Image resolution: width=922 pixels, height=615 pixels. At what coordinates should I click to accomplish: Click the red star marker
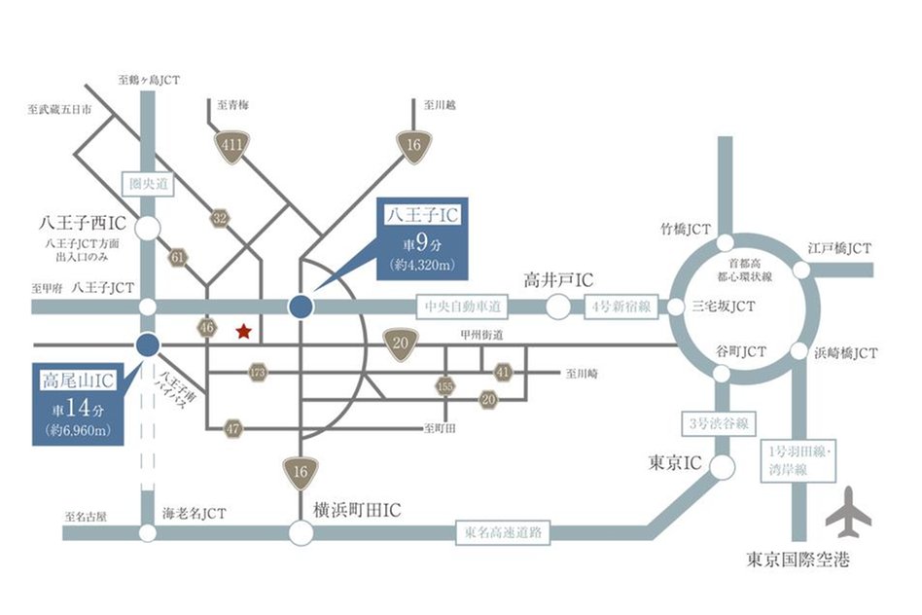click(x=243, y=332)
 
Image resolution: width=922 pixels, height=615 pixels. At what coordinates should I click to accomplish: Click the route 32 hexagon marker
click(x=221, y=219)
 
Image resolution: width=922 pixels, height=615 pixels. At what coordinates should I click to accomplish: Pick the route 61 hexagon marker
click(x=178, y=258)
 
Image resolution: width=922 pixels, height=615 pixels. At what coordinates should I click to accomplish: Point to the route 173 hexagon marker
click(x=258, y=372)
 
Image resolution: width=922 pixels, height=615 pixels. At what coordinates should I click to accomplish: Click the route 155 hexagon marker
click(x=445, y=385)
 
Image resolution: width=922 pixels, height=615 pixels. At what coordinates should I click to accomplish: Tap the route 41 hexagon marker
click(x=503, y=372)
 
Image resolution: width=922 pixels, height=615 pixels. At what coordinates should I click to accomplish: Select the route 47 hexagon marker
click(x=233, y=427)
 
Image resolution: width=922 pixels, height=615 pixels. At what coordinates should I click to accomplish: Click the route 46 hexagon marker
click(x=207, y=327)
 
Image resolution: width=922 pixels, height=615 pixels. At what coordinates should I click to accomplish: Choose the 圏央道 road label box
click(x=148, y=182)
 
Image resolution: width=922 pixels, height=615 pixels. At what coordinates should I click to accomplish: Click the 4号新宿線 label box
click(x=623, y=307)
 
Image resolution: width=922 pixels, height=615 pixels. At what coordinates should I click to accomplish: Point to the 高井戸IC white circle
click(x=557, y=307)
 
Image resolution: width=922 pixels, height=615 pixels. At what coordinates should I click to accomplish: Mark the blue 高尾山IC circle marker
click(x=148, y=344)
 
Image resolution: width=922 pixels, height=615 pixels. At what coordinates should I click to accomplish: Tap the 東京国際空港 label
click(x=798, y=561)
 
